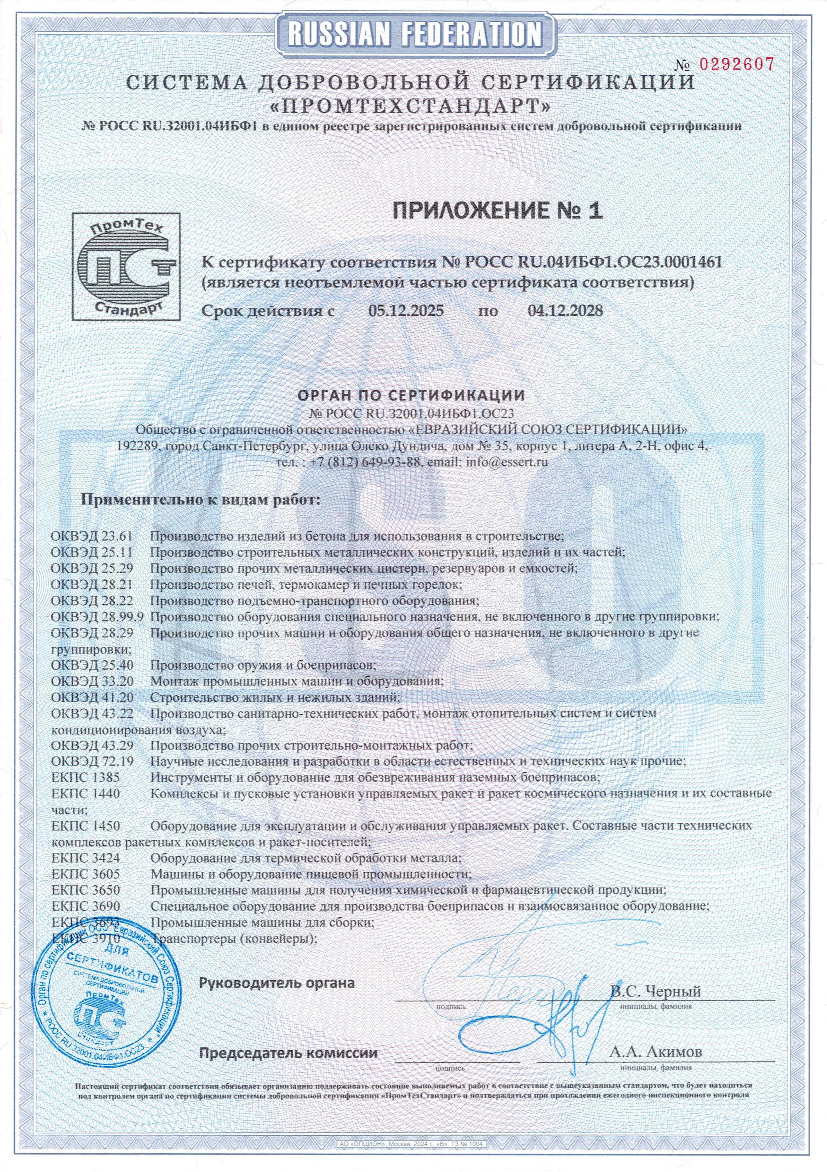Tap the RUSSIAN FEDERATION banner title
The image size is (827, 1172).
[413, 35]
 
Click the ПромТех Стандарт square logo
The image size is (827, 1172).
[125, 266]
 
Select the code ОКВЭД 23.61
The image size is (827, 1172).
[92, 537]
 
